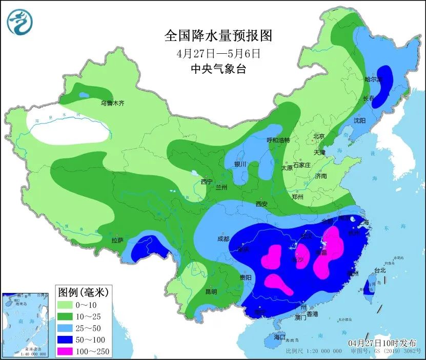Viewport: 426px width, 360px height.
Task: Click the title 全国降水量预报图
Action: click(x=218, y=36)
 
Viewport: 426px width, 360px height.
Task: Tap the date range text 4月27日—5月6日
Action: click(x=218, y=53)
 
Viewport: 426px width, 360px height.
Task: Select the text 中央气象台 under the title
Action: click(x=218, y=69)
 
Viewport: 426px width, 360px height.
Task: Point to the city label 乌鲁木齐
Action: click(x=112, y=103)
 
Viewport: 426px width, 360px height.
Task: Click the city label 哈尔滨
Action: click(x=373, y=80)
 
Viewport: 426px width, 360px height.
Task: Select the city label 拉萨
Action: click(x=117, y=240)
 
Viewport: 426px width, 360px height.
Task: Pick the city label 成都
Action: click(x=223, y=238)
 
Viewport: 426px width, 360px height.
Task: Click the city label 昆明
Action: click(x=211, y=292)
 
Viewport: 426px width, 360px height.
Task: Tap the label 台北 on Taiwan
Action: click(x=379, y=270)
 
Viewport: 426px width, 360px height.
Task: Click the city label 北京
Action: click(x=319, y=136)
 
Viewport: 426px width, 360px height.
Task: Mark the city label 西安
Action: click(x=261, y=204)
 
